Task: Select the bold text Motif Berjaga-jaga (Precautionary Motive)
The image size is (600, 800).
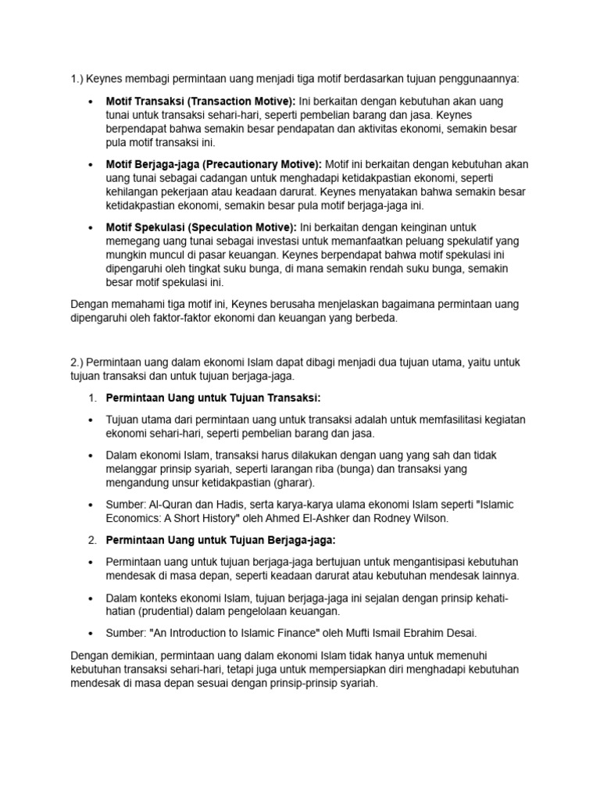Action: [213, 164]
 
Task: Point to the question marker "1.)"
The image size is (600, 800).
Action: [77, 78]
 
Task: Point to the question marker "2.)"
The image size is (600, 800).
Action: [77, 362]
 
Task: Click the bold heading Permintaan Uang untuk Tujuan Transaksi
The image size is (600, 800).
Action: [214, 398]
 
